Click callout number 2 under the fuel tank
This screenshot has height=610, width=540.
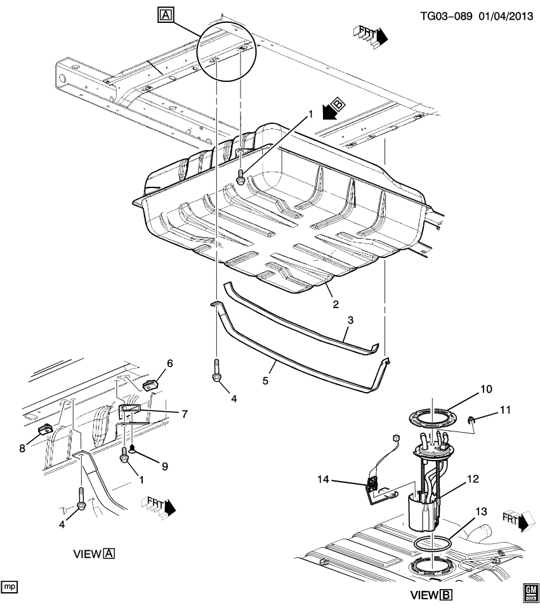click(x=335, y=304)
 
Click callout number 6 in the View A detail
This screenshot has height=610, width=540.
click(x=169, y=363)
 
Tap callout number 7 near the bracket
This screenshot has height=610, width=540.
click(x=184, y=414)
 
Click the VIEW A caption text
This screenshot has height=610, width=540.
click(x=94, y=554)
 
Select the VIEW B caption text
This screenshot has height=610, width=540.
click(x=431, y=595)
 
